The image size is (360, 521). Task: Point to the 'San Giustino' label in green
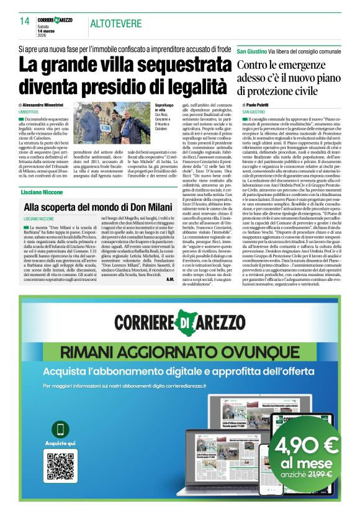tap(251, 49)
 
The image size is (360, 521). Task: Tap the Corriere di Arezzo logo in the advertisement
tap(179, 323)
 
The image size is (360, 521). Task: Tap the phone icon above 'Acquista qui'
tap(61, 429)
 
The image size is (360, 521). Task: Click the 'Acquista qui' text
tap(61, 443)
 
